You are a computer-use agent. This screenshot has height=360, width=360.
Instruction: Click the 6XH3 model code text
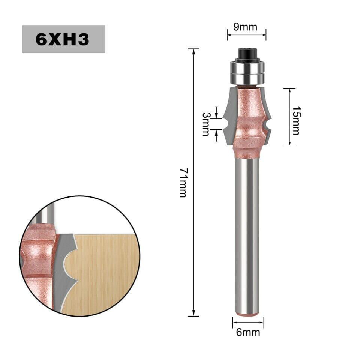tap(63, 39)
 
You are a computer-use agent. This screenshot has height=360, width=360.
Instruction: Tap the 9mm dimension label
tap(245, 27)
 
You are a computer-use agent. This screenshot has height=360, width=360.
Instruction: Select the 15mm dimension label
tap(296, 120)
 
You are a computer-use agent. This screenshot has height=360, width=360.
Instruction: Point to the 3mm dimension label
tap(206, 124)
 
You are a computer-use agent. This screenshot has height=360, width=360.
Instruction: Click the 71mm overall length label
tap(184, 183)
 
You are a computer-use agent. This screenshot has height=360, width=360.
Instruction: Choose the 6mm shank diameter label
tap(248, 332)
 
